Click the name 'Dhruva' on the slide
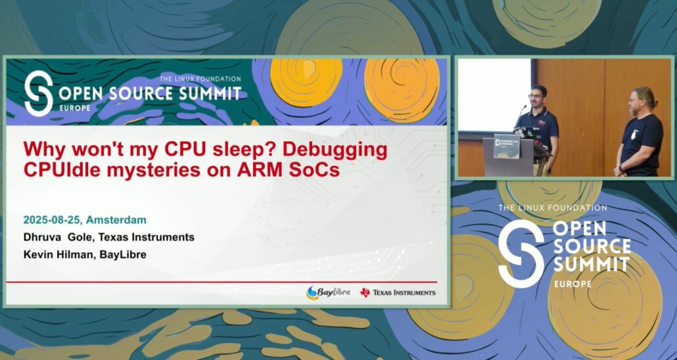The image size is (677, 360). tap(43, 237)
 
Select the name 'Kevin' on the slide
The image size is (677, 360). tap(38, 254)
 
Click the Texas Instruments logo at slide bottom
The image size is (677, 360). tap(397, 292)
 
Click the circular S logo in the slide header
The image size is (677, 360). tap(38, 94)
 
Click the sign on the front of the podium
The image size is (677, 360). tap(506, 145)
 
